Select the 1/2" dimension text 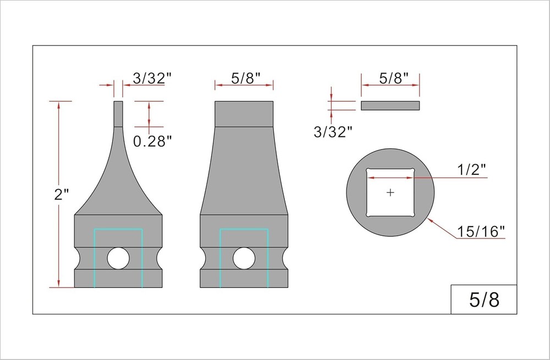click(472, 170)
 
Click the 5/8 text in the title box click(484, 300)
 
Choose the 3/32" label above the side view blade click(149, 79)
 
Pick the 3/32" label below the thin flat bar click(332, 131)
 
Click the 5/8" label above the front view click(244, 79)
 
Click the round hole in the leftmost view click(118, 258)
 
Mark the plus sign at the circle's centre click(391, 192)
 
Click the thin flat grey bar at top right click(390, 106)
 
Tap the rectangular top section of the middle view click(244, 114)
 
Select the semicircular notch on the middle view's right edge click(285, 258)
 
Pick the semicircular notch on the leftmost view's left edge click(77, 258)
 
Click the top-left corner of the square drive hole click(369, 170)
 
